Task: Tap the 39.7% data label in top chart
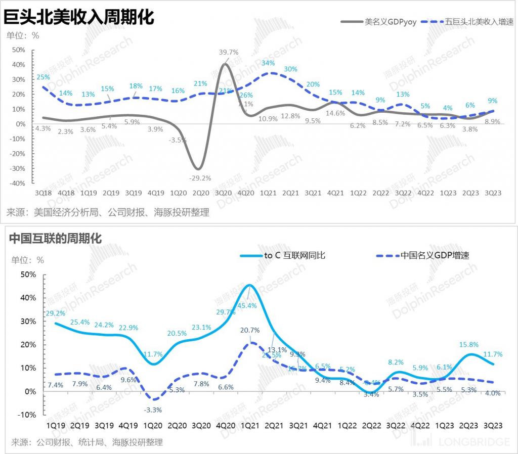point(229,52)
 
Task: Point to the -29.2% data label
point(200,177)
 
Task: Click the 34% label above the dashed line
point(268,63)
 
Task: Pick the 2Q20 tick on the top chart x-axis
point(201,193)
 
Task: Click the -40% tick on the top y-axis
point(18,183)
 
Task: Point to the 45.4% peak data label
point(246,305)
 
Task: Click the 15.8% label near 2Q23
point(468,345)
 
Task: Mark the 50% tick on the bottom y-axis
point(28,275)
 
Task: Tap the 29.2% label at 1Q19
point(56,313)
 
